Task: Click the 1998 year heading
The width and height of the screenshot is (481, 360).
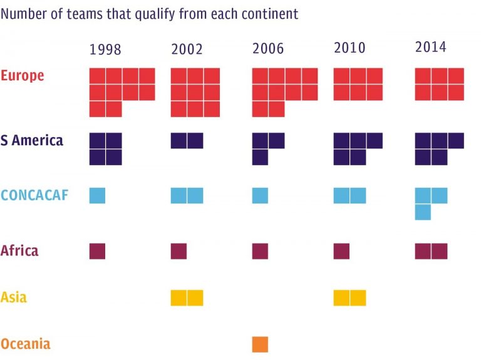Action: pyautogui.click(x=105, y=49)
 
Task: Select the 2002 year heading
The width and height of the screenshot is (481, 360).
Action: pyautogui.click(x=187, y=49)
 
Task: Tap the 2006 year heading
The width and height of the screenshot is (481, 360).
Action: pyautogui.click(x=268, y=49)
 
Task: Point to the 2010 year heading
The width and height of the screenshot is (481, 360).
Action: pyautogui.click(x=349, y=48)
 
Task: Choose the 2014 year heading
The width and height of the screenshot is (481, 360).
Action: pyautogui.click(x=431, y=47)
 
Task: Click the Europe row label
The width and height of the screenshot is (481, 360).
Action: pyautogui.click(x=23, y=76)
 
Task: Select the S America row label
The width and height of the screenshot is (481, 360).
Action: pyautogui.click(x=32, y=140)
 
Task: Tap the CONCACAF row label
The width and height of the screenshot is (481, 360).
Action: pyautogui.click(x=34, y=195)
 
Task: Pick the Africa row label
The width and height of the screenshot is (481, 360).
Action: pyautogui.click(x=19, y=250)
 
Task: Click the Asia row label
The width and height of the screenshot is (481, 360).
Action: pyautogui.click(x=14, y=297)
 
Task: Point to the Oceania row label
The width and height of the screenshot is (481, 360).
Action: pyautogui.click(x=26, y=344)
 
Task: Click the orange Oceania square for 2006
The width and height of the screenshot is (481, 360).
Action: pyautogui.click(x=260, y=344)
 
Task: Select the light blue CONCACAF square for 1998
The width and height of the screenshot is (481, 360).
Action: pyautogui.click(x=97, y=195)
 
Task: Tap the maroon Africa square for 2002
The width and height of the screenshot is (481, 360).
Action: pyautogui.click(x=178, y=251)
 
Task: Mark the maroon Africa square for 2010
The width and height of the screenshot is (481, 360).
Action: pyautogui.click(x=341, y=251)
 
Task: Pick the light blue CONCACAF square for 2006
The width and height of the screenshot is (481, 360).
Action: pyautogui.click(x=260, y=195)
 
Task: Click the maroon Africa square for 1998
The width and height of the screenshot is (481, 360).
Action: pyautogui.click(x=97, y=251)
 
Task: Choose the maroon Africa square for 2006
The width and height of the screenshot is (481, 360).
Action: pyautogui.click(x=260, y=251)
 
